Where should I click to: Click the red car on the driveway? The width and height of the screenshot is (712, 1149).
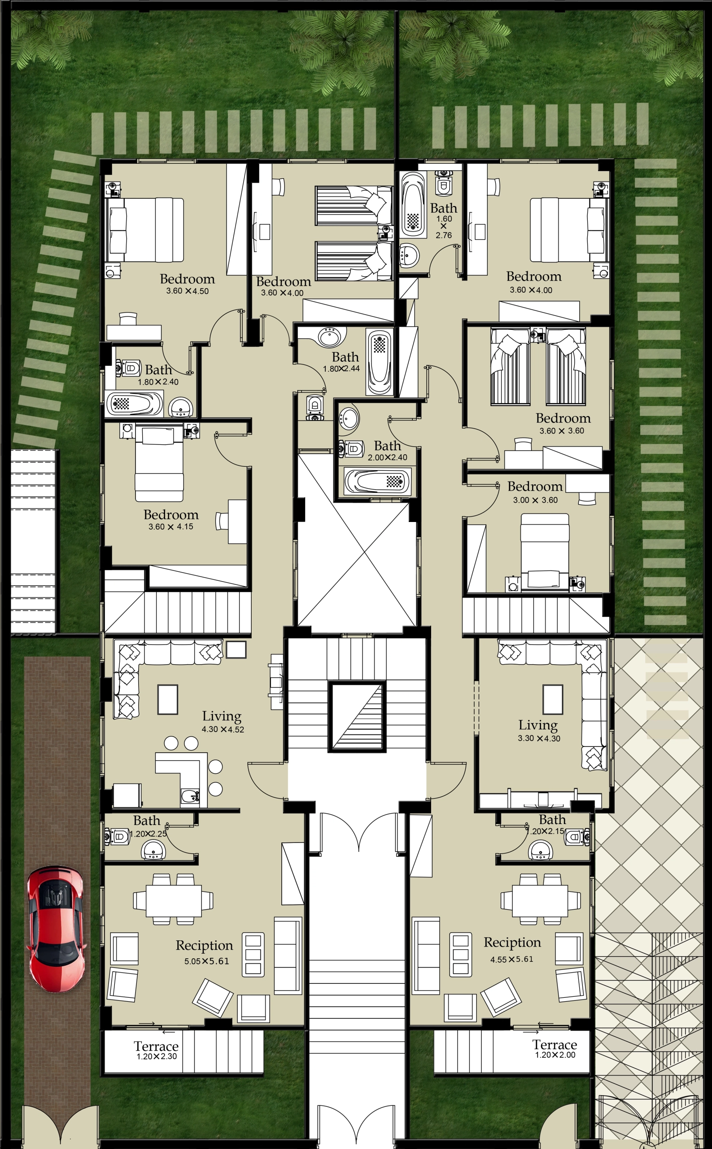point(57,929)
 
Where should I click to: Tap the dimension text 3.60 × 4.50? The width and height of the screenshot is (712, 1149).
point(187,291)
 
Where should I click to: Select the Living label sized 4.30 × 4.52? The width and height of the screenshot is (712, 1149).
point(222,716)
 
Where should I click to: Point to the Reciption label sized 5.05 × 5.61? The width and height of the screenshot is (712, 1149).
point(205,946)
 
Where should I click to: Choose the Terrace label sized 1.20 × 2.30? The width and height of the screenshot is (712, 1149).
point(156,1046)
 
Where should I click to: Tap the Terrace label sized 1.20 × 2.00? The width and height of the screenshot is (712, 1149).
point(555,1045)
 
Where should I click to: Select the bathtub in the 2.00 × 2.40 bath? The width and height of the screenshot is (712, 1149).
point(377,481)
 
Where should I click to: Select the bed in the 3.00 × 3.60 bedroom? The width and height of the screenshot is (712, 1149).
point(545,551)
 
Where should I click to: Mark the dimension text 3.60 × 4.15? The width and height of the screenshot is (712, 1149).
point(171,526)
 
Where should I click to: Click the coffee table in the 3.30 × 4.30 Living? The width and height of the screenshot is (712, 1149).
point(552,700)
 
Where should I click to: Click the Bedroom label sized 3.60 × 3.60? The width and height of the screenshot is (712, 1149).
point(563,418)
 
